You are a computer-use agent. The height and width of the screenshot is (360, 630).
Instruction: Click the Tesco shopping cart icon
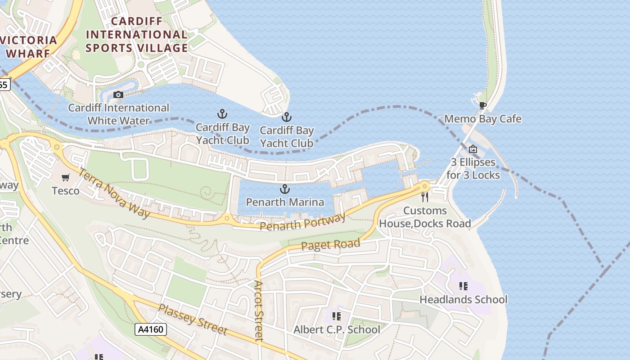pyautogui.click(x=66, y=178)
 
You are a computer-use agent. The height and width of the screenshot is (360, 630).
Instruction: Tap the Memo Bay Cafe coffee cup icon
pyautogui.click(x=482, y=106)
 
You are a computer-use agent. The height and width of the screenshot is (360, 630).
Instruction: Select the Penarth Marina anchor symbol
pyautogui.click(x=284, y=189)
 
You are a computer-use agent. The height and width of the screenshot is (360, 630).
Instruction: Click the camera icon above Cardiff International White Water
pyautogui.click(x=118, y=94)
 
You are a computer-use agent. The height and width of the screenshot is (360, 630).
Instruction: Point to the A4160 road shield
pyautogui.click(x=151, y=329)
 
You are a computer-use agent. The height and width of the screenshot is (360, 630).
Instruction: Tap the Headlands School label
pyautogui.click(x=463, y=300)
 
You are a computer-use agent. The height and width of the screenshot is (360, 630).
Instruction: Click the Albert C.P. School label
pyautogui.click(x=337, y=330)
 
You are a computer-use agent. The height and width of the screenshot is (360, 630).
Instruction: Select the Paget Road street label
pyautogui.click(x=331, y=245)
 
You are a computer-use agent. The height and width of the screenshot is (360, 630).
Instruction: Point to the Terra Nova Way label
pyautogui.click(x=114, y=193)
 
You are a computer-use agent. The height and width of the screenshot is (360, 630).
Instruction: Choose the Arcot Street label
pyautogui.click(x=258, y=310)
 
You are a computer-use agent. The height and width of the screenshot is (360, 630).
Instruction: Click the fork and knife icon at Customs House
pyautogui.click(x=424, y=197)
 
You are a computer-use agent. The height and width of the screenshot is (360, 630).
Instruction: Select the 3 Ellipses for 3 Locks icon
pyautogui.click(x=472, y=149)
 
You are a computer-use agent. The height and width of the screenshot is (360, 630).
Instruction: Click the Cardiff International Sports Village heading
pyautogui.click(x=137, y=35)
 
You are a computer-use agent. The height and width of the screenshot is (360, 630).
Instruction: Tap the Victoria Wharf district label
pyautogui.click(x=29, y=46)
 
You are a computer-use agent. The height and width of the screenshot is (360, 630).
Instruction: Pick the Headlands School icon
pyautogui.click(x=463, y=286)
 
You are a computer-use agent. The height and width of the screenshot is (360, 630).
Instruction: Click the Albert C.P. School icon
pyautogui.click(x=336, y=316)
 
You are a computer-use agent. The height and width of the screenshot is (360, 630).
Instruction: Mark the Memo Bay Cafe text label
pyautogui.click(x=482, y=119)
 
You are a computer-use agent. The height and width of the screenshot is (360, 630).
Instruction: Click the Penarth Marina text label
pyautogui.click(x=285, y=202)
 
